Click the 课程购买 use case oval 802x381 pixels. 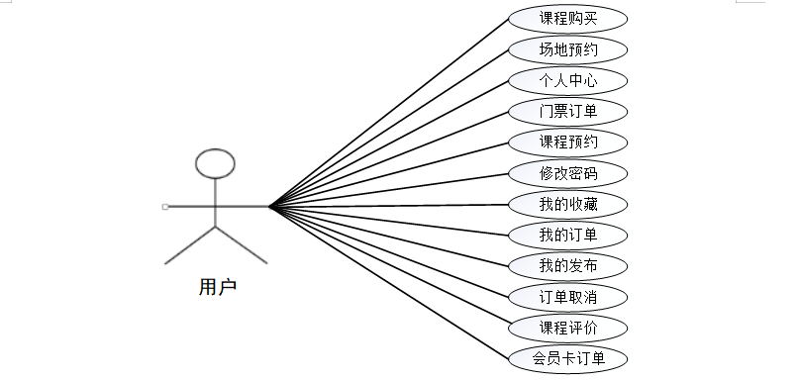click(x=567, y=19)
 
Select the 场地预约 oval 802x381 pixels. click(x=567, y=50)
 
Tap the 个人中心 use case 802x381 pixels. click(x=567, y=81)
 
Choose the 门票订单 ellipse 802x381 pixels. click(x=567, y=112)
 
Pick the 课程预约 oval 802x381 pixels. click(x=567, y=143)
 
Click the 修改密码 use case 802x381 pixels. click(x=567, y=173)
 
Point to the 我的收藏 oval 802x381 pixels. click(x=567, y=205)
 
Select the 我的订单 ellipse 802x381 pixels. click(x=567, y=236)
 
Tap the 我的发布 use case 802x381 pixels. click(x=567, y=266)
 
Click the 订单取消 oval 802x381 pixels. click(x=567, y=297)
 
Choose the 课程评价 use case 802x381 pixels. click(x=567, y=328)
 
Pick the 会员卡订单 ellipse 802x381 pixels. click(x=567, y=358)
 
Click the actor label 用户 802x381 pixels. click(x=218, y=287)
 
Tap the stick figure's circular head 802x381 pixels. click(x=215, y=149)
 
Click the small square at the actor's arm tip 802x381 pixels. click(x=165, y=207)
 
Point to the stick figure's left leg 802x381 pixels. click(x=190, y=245)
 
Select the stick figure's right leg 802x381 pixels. click(x=242, y=245)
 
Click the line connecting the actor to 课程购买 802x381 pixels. click(x=389, y=113)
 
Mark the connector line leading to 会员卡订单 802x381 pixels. click(x=389, y=282)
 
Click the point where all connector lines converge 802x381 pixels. click(x=269, y=207)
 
